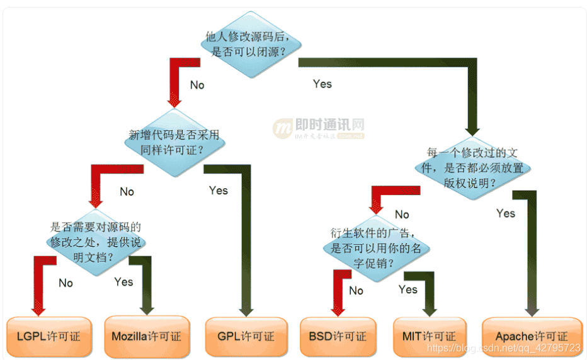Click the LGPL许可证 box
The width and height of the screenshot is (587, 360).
click(x=48, y=336)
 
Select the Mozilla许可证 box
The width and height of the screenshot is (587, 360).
click(x=146, y=336)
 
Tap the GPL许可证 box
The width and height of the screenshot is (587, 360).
click(x=246, y=336)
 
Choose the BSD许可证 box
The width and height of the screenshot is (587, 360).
click(x=338, y=336)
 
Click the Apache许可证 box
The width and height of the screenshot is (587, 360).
click(x=532, y=336)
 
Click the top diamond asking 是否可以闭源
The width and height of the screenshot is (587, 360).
click(x=251, y=45)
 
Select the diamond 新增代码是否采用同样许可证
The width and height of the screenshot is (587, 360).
click(x=175, y=142)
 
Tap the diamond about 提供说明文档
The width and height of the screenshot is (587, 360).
click(x=96, y=242)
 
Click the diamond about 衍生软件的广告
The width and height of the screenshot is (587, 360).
click(x=376, y=247)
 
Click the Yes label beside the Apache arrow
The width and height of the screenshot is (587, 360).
click(x=505, y=213)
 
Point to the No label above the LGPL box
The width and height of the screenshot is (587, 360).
click(x=66, y=283)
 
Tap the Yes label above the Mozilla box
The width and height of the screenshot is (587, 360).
click(x=123, y=281)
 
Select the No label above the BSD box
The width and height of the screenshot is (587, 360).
click(x=356, y=290)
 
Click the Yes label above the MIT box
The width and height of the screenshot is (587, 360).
click(x=407, y=289)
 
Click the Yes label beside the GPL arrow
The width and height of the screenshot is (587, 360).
click(x=218, y=190)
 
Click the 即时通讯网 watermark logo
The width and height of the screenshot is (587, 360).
click(x=319, y=128)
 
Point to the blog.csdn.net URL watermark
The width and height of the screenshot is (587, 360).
click(x=503, y=347)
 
